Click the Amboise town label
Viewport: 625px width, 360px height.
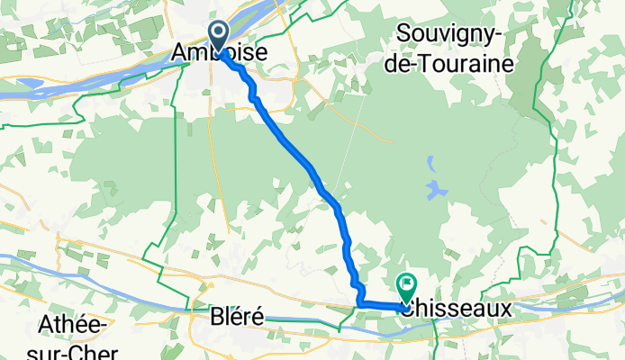coord(219,54)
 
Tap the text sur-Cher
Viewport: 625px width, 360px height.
coord(72,349)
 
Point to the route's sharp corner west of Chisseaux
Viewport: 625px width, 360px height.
coord(359,304)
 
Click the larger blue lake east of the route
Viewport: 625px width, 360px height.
coord(437,190)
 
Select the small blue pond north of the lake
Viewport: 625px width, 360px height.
coord(430,165)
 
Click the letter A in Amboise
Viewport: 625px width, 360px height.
coord(179,54)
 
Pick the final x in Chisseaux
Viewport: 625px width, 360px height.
coord(505,308)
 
